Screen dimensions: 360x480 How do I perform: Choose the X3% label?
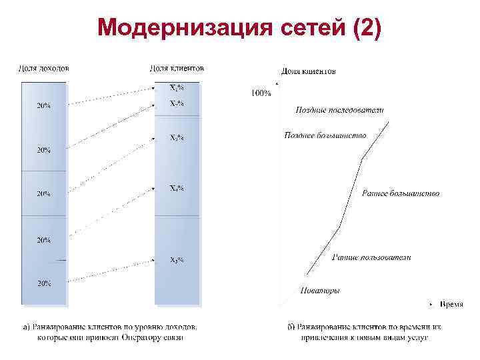click(177, 139)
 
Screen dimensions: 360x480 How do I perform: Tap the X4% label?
click(177, 188)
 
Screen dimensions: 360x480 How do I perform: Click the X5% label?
click(177, 259)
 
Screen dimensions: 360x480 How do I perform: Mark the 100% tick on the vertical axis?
click(261, 93)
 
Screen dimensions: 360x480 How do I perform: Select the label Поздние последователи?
click(339, 110)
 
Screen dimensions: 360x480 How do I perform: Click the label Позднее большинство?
click(325, 135)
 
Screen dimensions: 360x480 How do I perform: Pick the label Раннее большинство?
click(400, 194)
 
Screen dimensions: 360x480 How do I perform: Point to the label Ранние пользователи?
click(371, 257)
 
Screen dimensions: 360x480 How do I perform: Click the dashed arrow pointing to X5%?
click(110, 269)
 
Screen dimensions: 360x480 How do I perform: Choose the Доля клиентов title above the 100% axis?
click(308, 71)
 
